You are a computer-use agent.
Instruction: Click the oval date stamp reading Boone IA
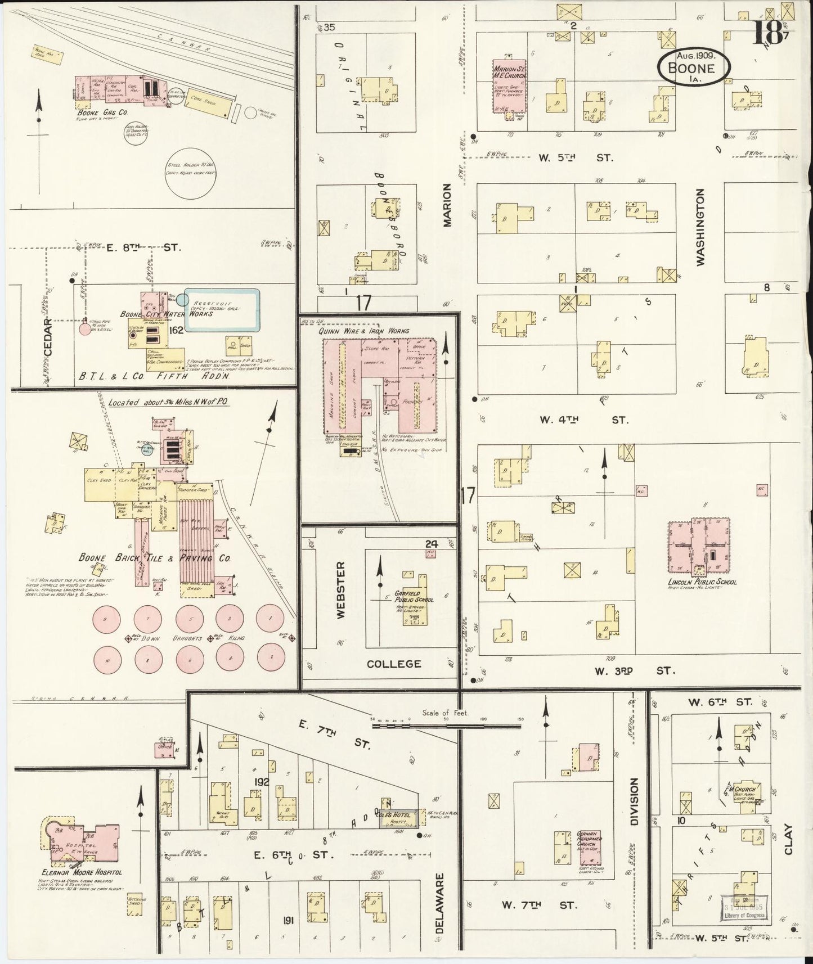694,67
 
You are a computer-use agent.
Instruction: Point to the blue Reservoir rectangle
222,310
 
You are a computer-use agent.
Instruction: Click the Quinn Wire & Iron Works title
363,331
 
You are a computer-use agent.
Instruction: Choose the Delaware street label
439,911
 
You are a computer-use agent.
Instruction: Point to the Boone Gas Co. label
103,112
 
